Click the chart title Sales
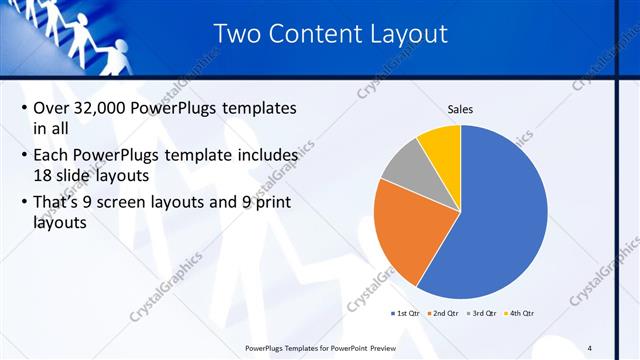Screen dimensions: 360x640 pyautogui.click(x=460, y=109)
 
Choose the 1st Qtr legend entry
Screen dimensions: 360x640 pyautogui.click(x=409, y=314)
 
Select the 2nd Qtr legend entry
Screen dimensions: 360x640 pyautogui.click(x=445, y=314)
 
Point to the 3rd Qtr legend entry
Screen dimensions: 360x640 pyautogui.click(x=482, y=314)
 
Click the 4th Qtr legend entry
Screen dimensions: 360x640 pyautogui.click(x=519, y=314)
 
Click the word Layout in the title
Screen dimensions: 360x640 pyautogui.click(x=407, y=34)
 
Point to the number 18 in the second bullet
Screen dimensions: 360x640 pyautogui.click(x=28, y=176)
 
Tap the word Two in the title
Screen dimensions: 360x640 pyautogui.click(x=241, y=34)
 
